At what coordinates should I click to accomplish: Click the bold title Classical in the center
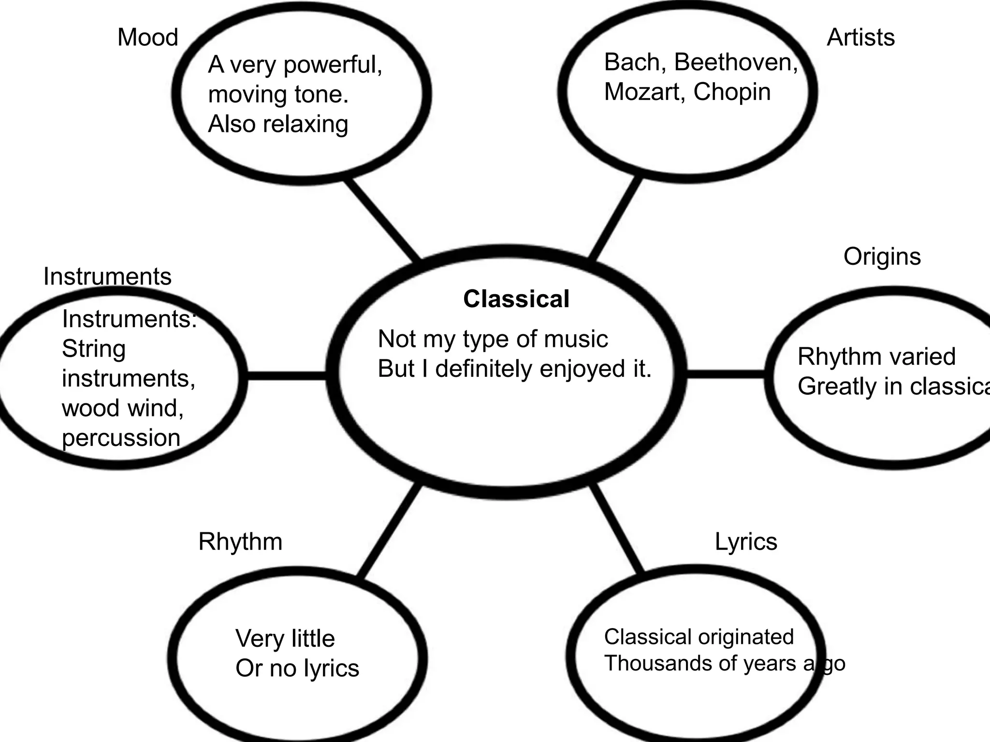(x=516, y=299)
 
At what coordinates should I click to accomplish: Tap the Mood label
(x=148, y=38)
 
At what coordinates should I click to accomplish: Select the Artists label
(x=860, y=38)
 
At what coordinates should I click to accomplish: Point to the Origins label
(x=882, y=257)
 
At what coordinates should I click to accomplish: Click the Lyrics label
(x=746, y=542)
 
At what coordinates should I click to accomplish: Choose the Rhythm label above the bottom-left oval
(x=240, y=542)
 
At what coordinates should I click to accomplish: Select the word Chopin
(x=732, y=92)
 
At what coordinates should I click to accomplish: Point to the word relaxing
(x=306, y=124)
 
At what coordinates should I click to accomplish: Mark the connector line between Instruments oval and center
(x=287, y=376)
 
